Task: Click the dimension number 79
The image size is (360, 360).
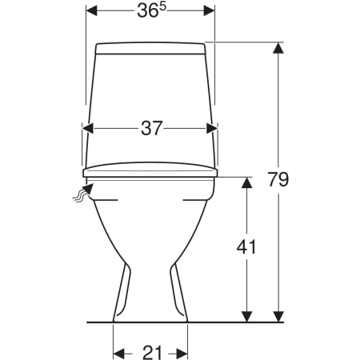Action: pos(278,179)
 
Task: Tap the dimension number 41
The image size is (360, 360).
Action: pos(246,247)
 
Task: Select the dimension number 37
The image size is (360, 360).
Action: pos(151,128)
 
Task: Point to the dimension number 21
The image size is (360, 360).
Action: pos(152,353)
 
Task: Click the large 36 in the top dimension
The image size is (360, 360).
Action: pos(146,11)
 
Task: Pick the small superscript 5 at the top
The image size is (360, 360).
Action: pos(162,7)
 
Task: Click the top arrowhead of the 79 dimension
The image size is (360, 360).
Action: pos(278,48)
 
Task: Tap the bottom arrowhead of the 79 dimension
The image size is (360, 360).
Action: pos(278,316)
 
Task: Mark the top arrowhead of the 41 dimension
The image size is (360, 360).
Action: pos(246,182)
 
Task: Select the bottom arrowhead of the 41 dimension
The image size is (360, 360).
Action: pos(246,316)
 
